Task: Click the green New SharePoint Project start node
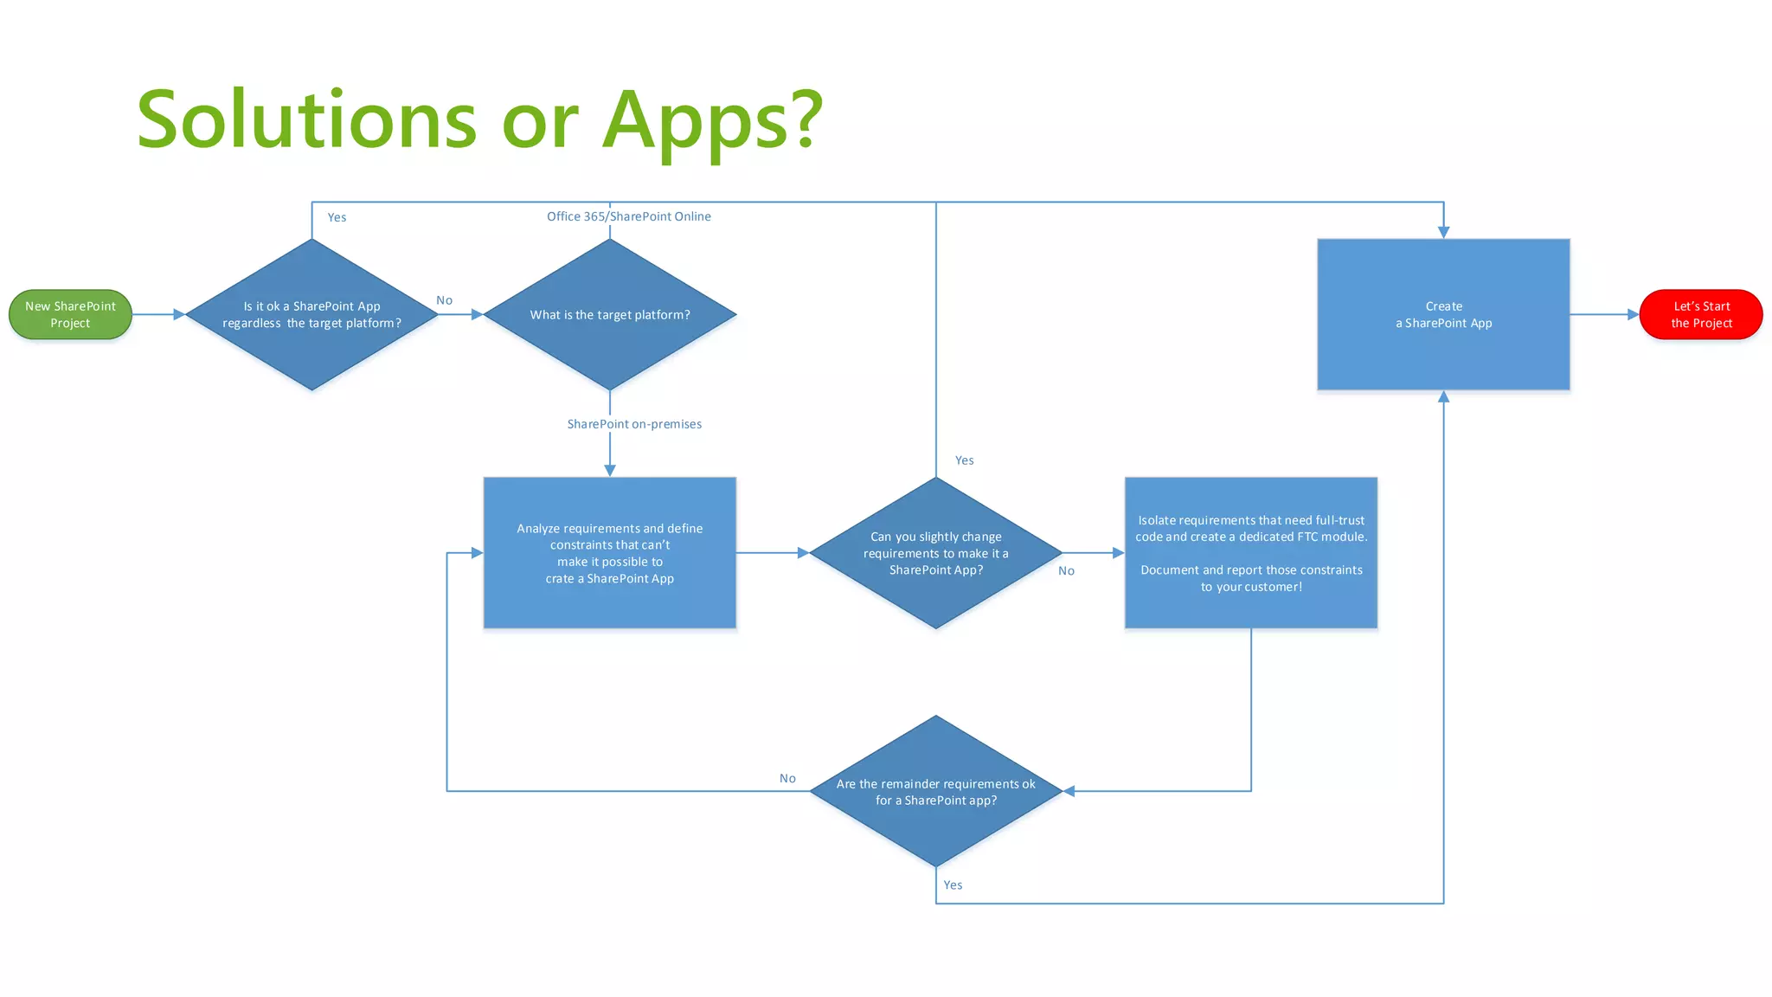[70, 314]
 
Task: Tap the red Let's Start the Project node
[1700, 314]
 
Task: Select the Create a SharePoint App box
[1443, 314]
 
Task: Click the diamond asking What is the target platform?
[610, 314]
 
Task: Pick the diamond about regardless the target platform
[311, 314]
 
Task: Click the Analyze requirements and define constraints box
[610, 552]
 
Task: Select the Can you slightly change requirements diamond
[935, 552]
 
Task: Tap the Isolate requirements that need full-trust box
[1250, 552]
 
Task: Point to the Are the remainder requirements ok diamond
[935, 791]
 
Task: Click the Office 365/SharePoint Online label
[629, 216]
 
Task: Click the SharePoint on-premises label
[634, 424]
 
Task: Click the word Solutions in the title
[307, 121]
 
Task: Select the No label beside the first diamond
[444, 300]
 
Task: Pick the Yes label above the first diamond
[337, 217]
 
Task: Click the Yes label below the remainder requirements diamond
[953, 884]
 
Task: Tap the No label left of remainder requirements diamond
[787, 778]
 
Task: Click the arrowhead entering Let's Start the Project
[1633, 314]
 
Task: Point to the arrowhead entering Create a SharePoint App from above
[1443, 232]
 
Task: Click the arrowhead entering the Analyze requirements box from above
[610, 470]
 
